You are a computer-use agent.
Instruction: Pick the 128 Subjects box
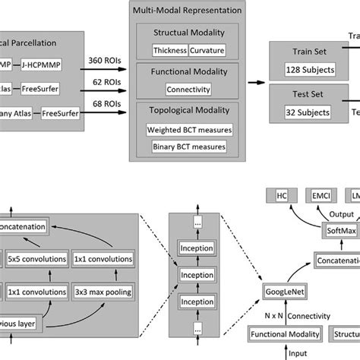pos(305,70)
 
